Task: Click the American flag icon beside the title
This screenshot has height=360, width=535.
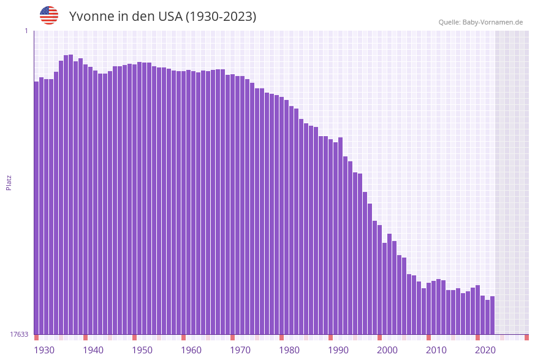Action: click(x=49, y=15)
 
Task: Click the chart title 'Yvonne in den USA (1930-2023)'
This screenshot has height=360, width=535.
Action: click(x=162, y=17)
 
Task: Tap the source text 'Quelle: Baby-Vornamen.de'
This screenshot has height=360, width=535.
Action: click(x=480, y=22)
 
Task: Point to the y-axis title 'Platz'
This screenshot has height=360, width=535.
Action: click(x=9, y=182)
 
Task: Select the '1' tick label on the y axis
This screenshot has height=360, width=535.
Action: click(x=26, y=31)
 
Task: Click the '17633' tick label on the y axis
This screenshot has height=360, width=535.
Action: click(x=19, y=334)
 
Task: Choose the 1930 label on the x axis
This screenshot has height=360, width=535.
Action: click(x=44, y=350)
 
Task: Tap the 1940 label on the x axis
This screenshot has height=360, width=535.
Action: click(x=93, y=350)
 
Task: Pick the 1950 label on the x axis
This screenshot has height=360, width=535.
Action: click(x=142, y=350)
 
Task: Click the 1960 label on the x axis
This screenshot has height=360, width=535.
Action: click(x=191, y=350)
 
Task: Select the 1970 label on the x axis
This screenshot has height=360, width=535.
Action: click(x=240, y=350)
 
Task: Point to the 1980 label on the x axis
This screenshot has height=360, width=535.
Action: click(x=289, y=350)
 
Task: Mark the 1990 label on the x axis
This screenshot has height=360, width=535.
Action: click(x=338, y=350)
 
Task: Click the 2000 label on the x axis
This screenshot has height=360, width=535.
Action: click(x=387, y=350)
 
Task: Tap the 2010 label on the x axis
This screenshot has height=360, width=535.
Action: click(x=436, y=350)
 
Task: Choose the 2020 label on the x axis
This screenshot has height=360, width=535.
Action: click(x=485, y=350)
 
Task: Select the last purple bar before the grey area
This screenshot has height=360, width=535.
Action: click(x=492, y=315)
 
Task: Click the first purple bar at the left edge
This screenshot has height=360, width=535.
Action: click(x=36, y=209)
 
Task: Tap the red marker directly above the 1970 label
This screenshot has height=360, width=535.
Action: click(x=233, y=337)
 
